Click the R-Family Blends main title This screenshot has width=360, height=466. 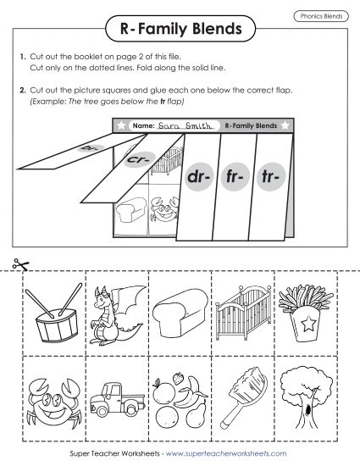tap(180, 31)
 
